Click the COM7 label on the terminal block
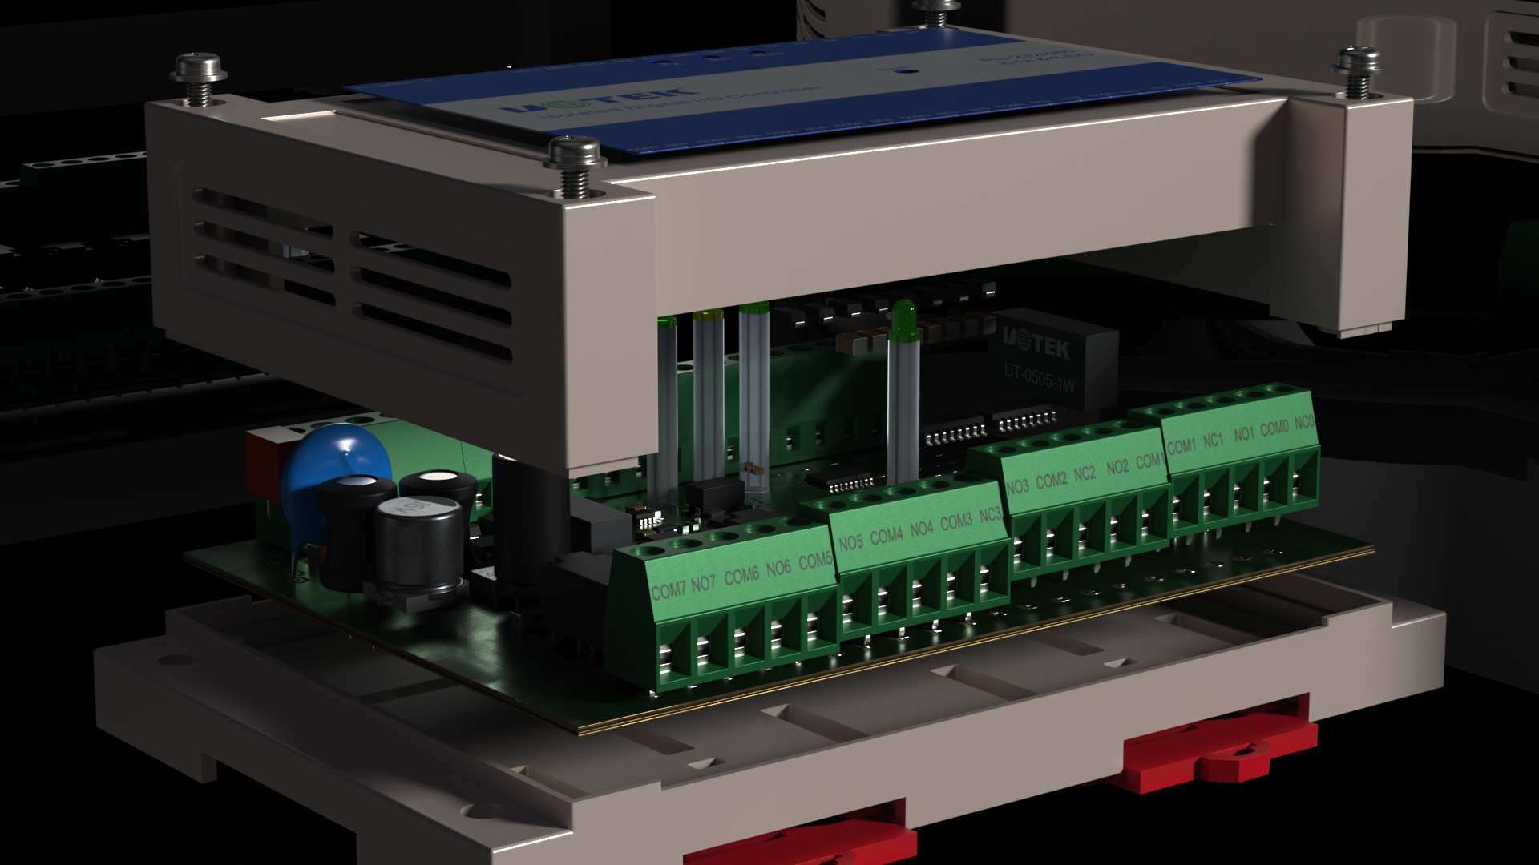pyautogui.click(x=669, y=590)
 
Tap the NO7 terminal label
pyautogui.click(x=703, y=583)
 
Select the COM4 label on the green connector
pyautogui.click(x=886, y=535)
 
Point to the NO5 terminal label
pyautogui.click(x=850, y=543)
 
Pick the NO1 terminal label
pyautogui.click(x=1243, y=433)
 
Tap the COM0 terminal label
pyautogui.click(x=1274, y=428)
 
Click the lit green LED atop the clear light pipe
pyautogui.click(x=903, y=316)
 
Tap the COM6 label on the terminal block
pyautogui.click(x=741, y=576)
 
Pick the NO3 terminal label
pyautogui.click(x=1016, y=486)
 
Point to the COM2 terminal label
pyautogui.click(x=1051, y=480)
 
